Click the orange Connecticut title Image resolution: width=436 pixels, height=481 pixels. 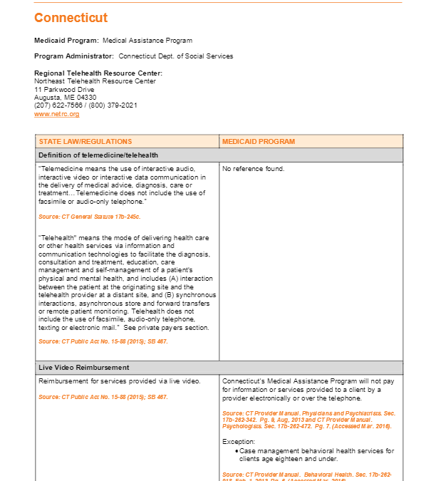pos(71,18)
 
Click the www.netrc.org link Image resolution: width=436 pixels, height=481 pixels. pos(56,114)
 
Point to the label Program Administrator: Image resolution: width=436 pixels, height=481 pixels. pos(74,56)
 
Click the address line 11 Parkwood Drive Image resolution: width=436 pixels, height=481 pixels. pos(64,90)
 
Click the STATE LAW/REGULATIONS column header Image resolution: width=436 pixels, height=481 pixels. pos(85,142)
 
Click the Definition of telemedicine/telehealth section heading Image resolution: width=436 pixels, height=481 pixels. pos(98,155)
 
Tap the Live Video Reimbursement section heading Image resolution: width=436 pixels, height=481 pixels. pos(83,368)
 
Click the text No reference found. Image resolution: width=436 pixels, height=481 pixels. pos(253,169)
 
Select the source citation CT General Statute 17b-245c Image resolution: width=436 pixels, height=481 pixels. pos(90,215)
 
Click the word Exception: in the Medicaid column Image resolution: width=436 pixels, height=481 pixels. pos(239,442)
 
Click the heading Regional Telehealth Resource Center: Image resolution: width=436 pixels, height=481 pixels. pos(98,73)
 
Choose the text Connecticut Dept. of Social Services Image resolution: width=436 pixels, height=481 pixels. pos(175,56)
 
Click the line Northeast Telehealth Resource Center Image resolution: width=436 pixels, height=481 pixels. pos(95,81)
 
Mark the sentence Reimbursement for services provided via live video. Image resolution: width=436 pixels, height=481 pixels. pos(119,381)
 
